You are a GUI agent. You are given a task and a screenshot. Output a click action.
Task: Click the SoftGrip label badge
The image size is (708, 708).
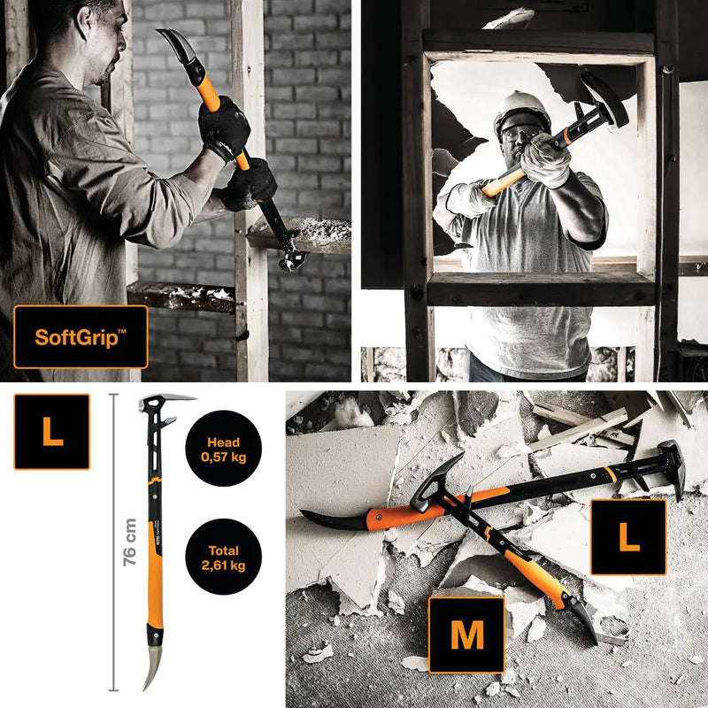81,336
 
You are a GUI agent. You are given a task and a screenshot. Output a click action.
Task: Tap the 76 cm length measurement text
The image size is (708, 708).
129,542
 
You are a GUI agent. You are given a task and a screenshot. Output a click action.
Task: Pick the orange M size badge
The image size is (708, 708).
466,635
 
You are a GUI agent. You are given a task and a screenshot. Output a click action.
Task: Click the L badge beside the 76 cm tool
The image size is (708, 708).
51,432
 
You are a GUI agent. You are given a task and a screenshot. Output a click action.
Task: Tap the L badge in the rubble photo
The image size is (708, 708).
628,537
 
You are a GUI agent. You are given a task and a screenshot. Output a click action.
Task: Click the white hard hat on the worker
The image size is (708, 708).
521,109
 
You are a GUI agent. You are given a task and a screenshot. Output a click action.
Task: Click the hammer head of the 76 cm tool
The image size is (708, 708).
164,405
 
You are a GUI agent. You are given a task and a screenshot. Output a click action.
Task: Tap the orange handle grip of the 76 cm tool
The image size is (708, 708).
158,566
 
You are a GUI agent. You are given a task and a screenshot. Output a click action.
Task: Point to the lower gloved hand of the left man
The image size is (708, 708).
249,184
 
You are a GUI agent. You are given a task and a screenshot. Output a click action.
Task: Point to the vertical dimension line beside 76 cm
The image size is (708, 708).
112,542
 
